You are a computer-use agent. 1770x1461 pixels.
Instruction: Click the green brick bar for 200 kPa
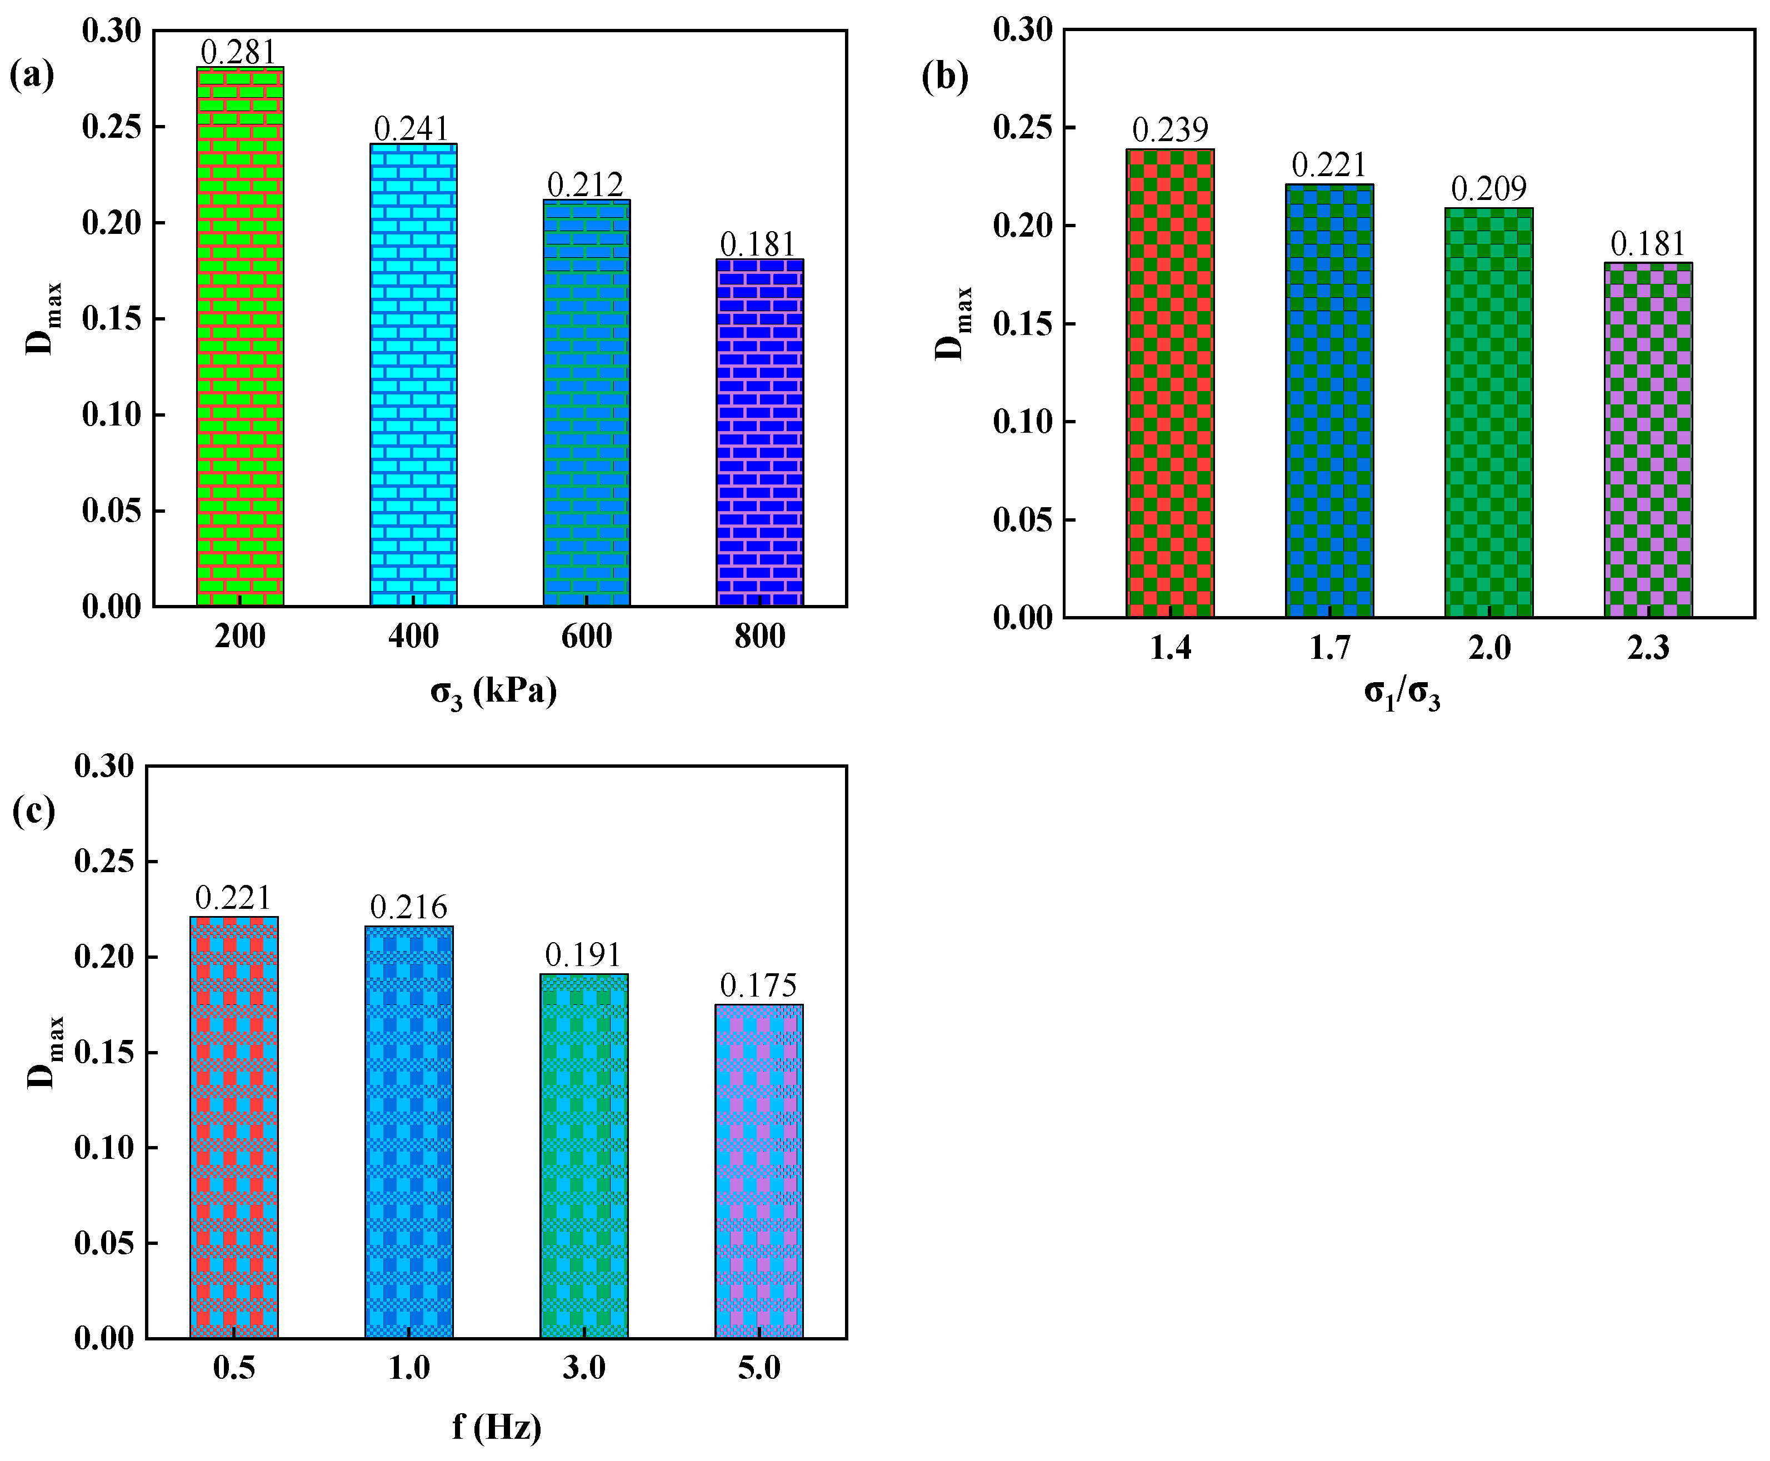pos(240,337)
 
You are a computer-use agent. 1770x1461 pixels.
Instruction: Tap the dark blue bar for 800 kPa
pos(759,433)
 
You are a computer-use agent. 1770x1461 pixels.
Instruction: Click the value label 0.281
pos(238,52)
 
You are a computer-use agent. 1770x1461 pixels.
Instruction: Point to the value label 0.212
pos(585,184)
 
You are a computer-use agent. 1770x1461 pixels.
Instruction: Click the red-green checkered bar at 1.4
pos(1170,383)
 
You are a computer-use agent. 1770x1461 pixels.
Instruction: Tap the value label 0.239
pos(1170,129)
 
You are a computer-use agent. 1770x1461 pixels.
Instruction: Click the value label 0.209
pos(1488,188)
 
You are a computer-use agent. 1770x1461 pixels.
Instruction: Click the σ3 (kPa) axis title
pos(494,692)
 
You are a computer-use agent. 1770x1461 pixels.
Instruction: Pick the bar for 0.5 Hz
pos(234,1127)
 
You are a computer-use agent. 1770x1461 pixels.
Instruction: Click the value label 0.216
pos(408,907)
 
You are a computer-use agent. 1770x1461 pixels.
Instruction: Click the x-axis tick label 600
pos(586,636)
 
